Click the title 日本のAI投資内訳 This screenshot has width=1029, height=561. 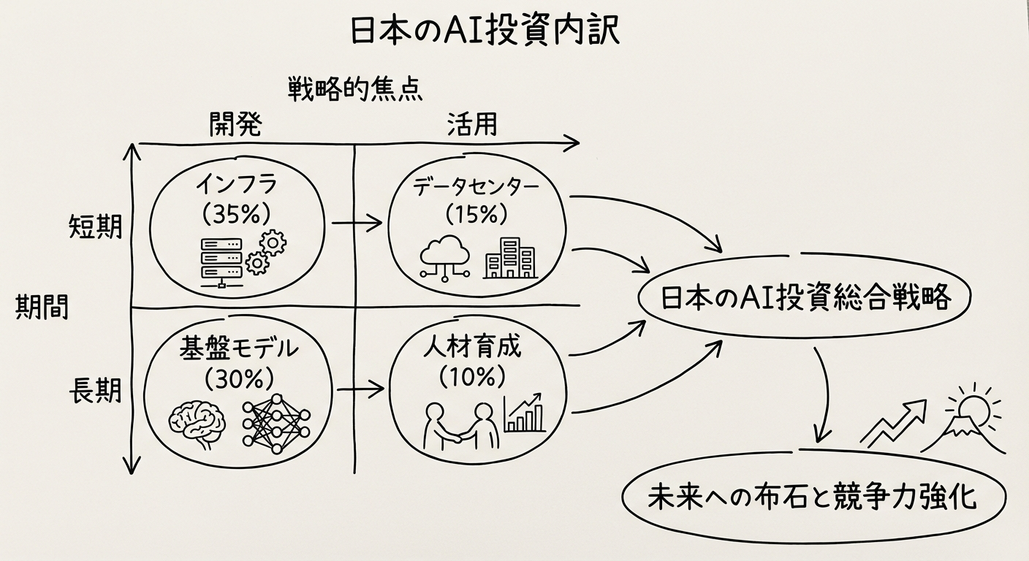[485, 32]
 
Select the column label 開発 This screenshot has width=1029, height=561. [235, 125]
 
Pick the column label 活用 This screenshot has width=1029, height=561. [471, 125]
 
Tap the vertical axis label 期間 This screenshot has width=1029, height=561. [42, 308]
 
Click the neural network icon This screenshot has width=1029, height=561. [276, 421]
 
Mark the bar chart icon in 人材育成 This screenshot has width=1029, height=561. [524, 413]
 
